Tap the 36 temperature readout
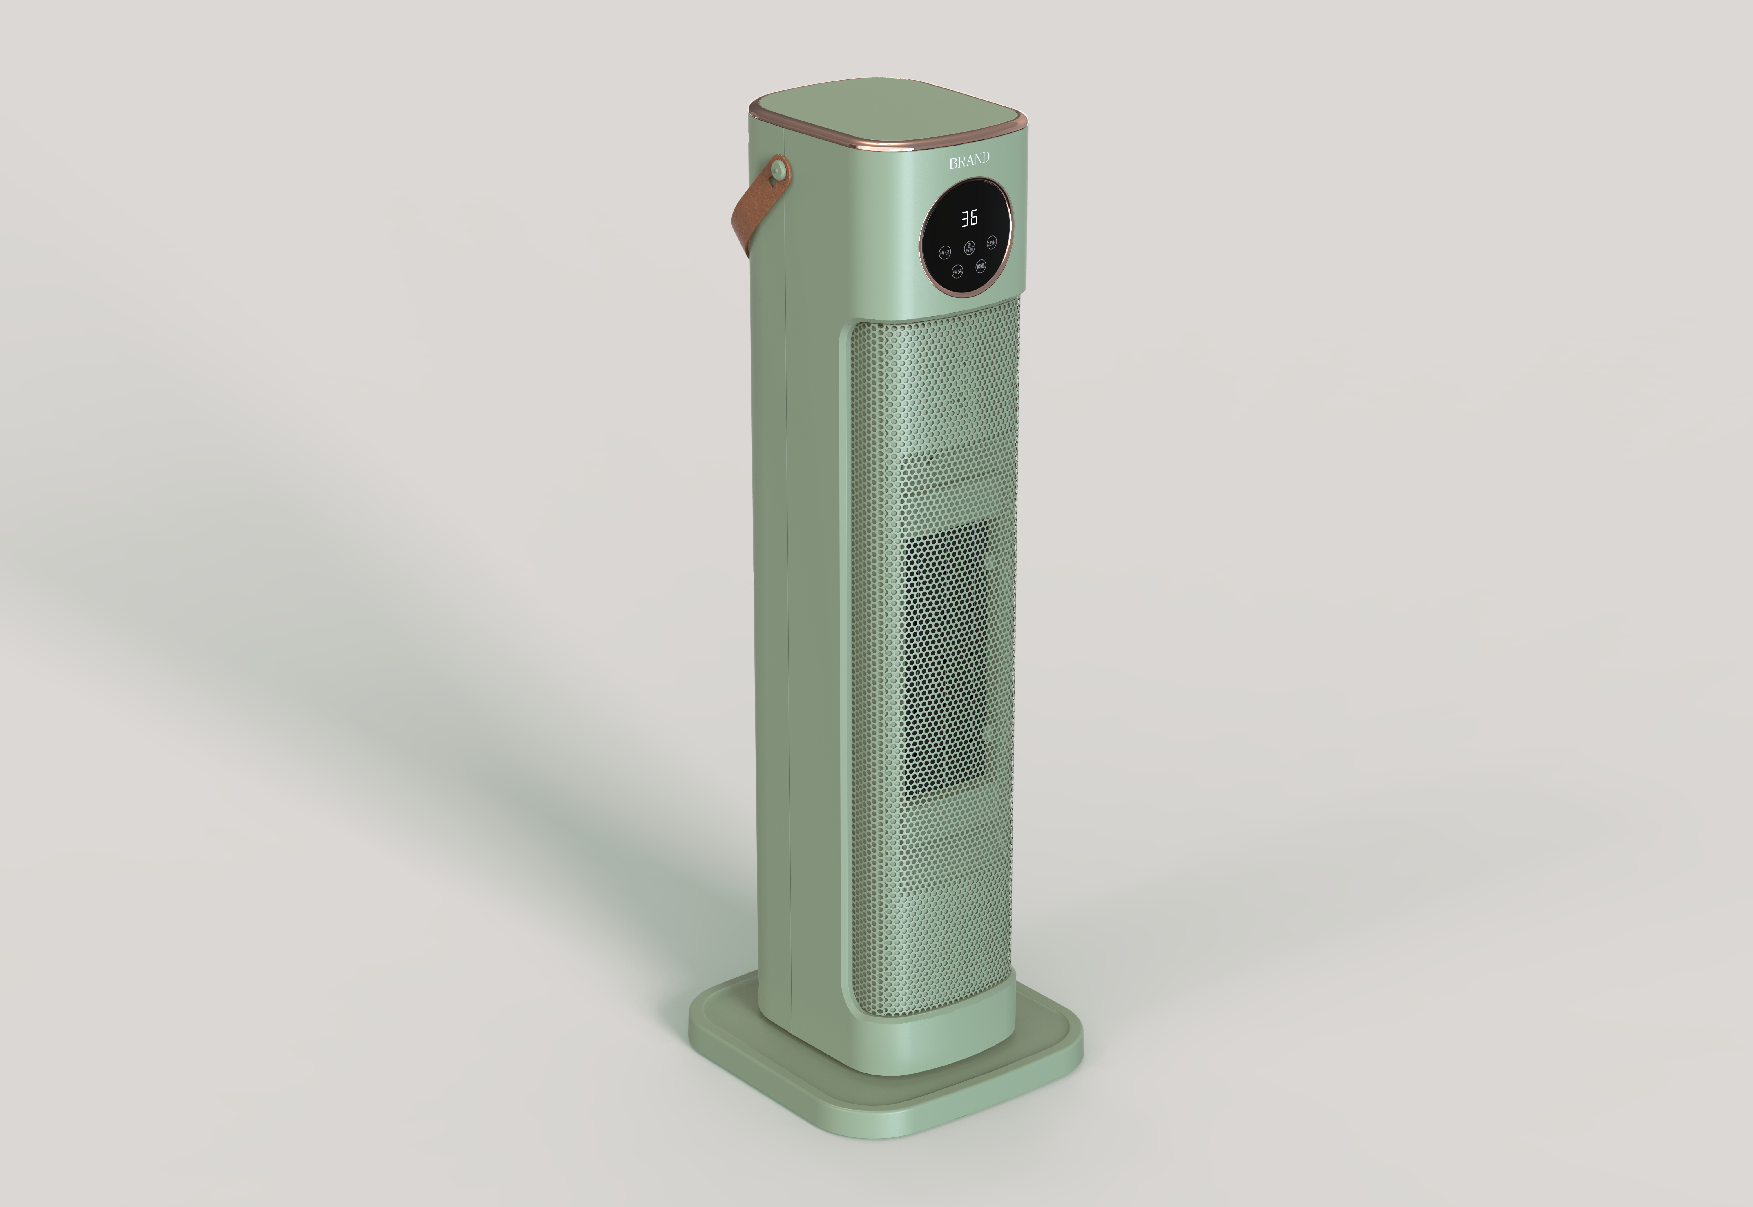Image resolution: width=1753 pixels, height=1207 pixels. (969, 219)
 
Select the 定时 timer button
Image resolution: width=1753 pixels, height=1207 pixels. (992, 243)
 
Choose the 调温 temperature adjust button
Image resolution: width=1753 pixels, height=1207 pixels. (981, 266)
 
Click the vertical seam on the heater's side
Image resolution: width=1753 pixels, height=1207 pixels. (788, 605)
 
